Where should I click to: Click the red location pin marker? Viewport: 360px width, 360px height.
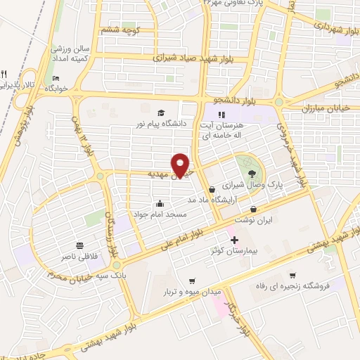click(181, 165)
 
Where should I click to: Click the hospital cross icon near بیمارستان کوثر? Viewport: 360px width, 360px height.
click(235, 240)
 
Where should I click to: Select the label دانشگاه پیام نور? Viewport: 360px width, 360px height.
click(161, 124)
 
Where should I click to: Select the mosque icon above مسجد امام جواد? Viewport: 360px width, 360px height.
click(160, 203)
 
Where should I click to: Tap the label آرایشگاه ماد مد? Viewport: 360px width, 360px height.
click(216, 200)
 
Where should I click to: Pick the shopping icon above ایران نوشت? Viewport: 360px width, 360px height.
click(253, 210)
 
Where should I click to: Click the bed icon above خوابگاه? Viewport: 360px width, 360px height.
click(56, 78)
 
